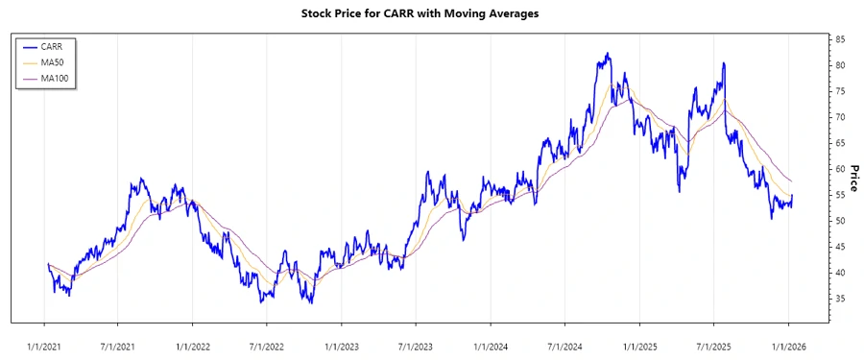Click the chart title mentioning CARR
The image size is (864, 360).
point(432,14)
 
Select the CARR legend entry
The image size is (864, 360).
point(53,46)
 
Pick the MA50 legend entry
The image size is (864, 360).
point(53,61)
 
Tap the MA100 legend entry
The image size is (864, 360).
point(55,78)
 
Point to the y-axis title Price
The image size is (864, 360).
point(852,155)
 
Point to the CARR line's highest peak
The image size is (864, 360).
point(607,54)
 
